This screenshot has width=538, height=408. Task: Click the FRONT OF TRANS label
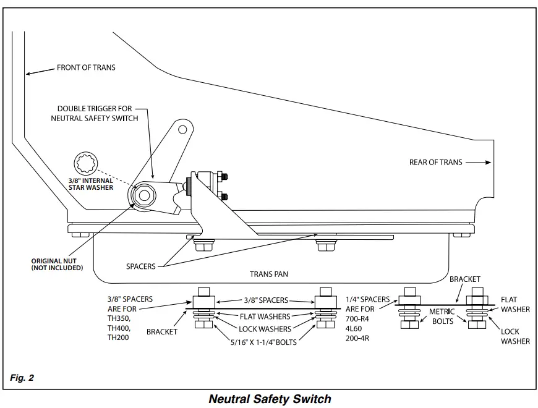[x=86, y=67]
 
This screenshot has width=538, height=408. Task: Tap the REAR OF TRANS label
[x=436, y=162]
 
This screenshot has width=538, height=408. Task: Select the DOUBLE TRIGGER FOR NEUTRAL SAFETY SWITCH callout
[x=95, y=114]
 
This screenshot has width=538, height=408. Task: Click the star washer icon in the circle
[x=86, y=164]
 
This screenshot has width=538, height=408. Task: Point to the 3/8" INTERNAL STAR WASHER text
[x=90, y=184]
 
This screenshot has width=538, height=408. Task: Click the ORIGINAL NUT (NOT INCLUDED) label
[x=57, y=265]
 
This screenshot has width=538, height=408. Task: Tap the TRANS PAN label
[x=268, y=274]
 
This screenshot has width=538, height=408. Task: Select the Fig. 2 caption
[x=22, y=378]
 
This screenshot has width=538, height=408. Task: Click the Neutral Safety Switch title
[x=270, y=399]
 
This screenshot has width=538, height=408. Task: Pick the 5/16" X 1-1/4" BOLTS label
[x=263, y=342]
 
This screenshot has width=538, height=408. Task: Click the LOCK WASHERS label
[x=265, y=329]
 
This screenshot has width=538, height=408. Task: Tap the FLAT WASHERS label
[x=265, y=317]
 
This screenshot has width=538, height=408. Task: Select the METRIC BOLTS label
[x=442, y=317]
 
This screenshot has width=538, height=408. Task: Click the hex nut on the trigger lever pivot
[x=144, y=195]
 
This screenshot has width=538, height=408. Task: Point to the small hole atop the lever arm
[x=182, y=130]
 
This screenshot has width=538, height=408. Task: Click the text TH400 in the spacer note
[x=118, y=328]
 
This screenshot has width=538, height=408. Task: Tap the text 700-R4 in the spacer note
[x=357, y=319]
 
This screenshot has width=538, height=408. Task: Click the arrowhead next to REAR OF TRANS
[x=489, y=162]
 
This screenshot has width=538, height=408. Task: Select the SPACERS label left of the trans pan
[x=140, y=266]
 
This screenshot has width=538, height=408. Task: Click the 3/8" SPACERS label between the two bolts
[x=266, y=300]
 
